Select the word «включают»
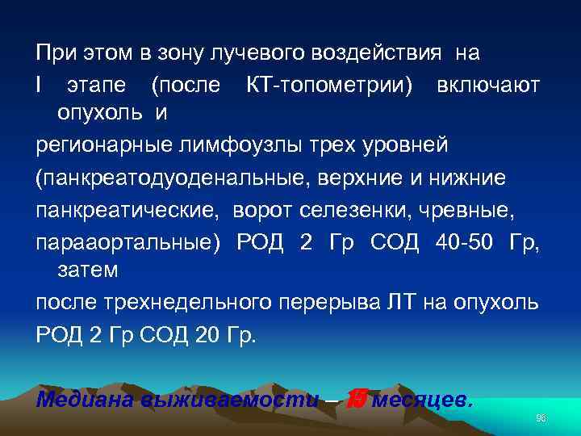tap(487, 85)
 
